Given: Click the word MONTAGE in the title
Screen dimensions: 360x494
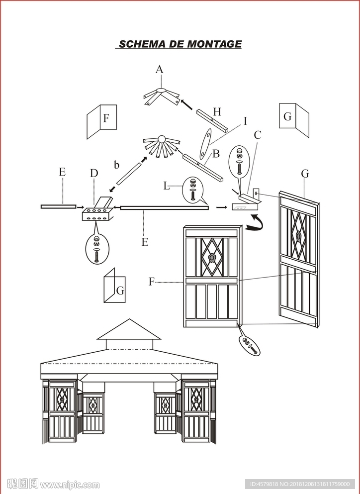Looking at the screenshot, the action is click(214, 44).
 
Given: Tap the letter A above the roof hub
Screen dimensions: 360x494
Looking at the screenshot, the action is click(160, 69).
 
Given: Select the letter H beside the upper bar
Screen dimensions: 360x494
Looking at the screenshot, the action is click(217, 111).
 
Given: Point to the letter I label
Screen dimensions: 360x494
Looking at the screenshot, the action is click(245, 121).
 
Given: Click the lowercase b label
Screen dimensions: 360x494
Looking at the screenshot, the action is click(116, 164).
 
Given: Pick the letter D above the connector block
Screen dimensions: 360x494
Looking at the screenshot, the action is click(94, 173).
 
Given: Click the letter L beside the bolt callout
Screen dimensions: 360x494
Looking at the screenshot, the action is click(166, 186).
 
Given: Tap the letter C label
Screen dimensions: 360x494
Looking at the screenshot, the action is click(258, 135).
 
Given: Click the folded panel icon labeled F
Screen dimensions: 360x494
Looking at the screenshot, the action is click(102, 121).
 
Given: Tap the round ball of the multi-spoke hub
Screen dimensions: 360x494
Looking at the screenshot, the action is click(162, 139).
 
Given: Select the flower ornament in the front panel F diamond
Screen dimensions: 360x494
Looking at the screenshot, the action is click(213, 258).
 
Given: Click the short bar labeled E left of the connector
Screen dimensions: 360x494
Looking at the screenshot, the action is click(58, 206).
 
